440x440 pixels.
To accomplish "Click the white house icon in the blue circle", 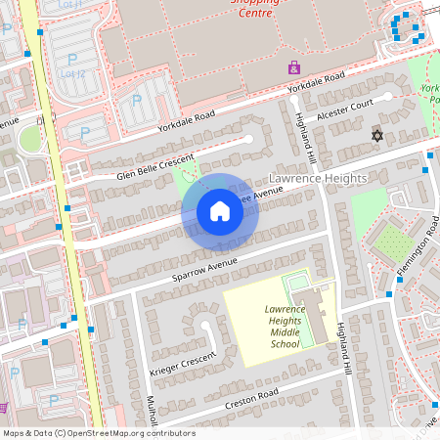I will coord(220,211).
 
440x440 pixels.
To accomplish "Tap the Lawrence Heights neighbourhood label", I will coord(317,179).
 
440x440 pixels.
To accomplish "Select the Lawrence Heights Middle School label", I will coord(271,327).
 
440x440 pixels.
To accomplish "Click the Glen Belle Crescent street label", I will coord(155,167).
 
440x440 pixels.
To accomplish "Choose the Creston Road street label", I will coord(252,398).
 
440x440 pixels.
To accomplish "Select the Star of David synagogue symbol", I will coord(377,135).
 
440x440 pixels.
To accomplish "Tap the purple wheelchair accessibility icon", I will coord(293,67).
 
